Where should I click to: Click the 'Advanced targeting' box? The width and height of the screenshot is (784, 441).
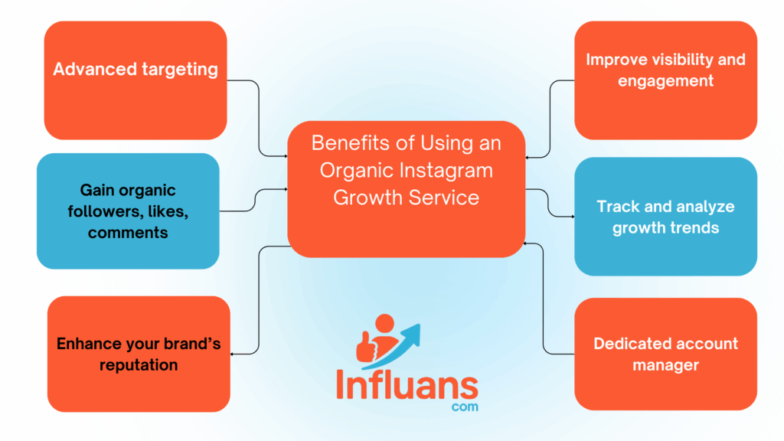(136, 80)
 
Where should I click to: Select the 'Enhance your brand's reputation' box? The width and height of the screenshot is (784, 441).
(139, 354)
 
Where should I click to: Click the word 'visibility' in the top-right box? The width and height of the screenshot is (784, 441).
(681, 60)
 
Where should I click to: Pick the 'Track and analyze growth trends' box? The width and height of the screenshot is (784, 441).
(665, 217)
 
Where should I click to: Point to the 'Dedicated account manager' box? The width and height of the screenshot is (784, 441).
(665, 354)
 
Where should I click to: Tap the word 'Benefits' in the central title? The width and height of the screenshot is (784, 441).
(351, 143)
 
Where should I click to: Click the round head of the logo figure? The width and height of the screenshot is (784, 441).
(384, 323)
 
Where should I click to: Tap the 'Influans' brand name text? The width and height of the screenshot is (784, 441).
(407, 385)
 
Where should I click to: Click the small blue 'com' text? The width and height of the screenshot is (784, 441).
(465, 407)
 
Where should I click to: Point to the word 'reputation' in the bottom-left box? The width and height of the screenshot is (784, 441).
(139, 365)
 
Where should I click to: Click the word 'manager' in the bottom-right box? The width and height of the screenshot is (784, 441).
(665, 365)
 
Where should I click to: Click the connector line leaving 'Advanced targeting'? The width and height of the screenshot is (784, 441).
(259, 118)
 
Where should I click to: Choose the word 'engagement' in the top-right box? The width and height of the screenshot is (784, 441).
(665, 81)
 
